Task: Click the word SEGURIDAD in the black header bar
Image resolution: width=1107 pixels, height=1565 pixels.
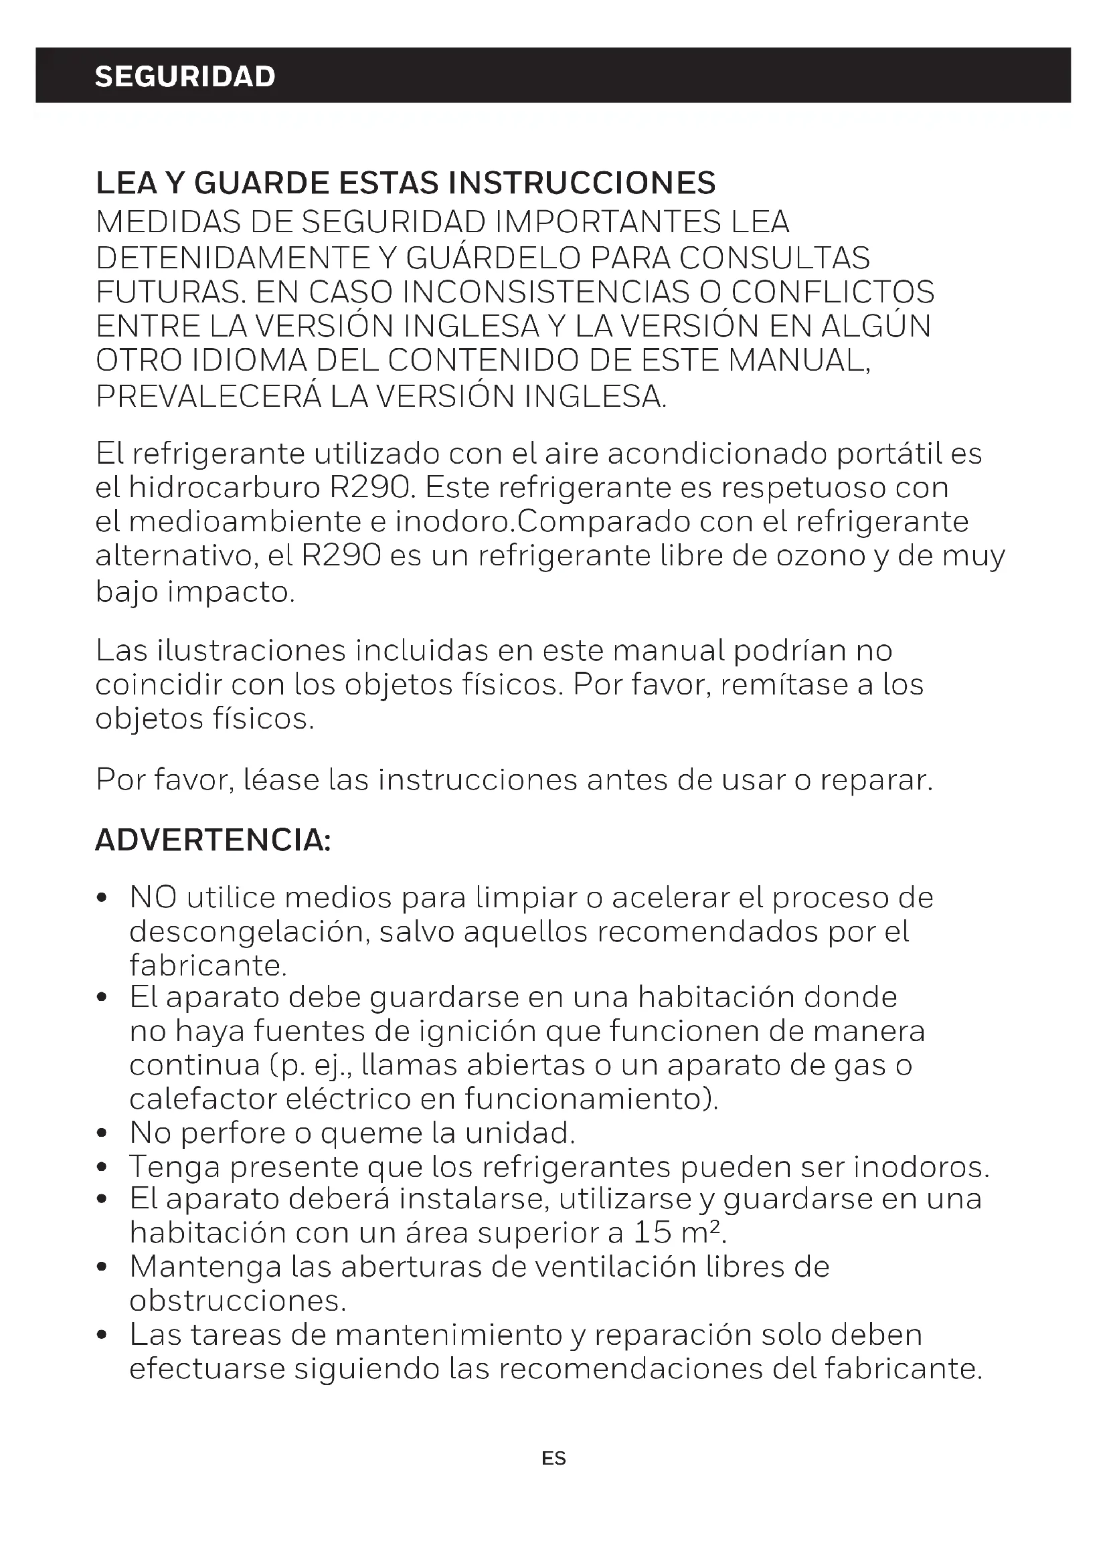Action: tap(185, 76)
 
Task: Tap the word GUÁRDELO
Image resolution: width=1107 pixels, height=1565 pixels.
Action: tap(493, 258)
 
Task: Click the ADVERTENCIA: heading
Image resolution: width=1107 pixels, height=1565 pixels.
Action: tap(213, 840)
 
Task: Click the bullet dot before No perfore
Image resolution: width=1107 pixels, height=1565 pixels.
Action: tap(102, 1134)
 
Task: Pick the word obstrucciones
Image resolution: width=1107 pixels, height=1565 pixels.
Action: tap(238, 1301)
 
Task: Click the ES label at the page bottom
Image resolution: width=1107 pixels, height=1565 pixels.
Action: tap(553, 1458)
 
